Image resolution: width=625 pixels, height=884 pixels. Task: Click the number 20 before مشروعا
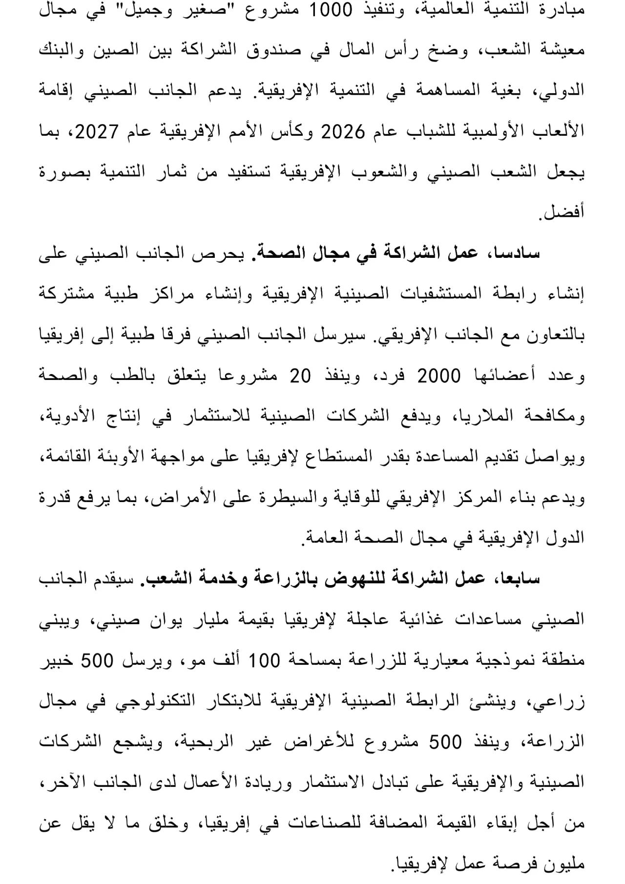pyautogui.click(x=301, y=377)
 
